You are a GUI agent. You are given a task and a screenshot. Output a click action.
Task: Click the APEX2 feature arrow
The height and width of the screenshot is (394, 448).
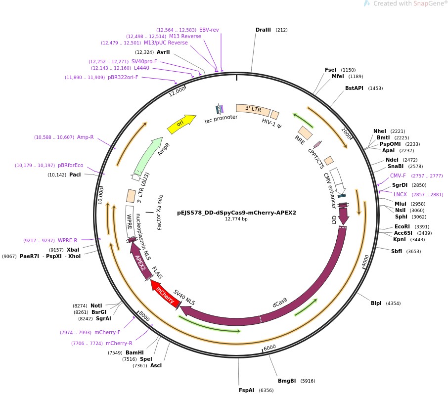click(x=139, y=262)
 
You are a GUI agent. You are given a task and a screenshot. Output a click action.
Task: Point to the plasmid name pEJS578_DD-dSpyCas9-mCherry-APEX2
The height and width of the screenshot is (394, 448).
click(x=236, y=213)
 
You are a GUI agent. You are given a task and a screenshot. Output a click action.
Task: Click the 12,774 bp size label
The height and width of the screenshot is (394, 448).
click(x=236, y=219)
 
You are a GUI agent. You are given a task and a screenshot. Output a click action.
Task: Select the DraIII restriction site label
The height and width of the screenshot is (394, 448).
click(x=263, y=30)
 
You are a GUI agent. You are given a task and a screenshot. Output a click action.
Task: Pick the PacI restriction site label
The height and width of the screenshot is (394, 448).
click(x=75, y=175)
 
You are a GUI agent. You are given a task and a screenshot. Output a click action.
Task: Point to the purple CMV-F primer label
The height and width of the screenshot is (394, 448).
click(x=398, y=175)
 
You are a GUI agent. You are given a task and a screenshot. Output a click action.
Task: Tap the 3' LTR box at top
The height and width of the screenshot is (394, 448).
click(x=253, y=110)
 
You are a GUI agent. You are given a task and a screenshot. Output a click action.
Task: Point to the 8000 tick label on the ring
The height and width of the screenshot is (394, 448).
click(x=144, y=315)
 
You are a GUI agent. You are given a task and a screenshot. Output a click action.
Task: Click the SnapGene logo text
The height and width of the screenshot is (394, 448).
click(x=410, y=4)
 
